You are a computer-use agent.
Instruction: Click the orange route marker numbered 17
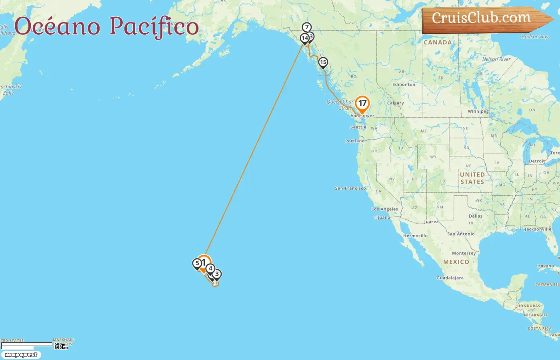(362, 104)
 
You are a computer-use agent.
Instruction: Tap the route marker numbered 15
(323, 62)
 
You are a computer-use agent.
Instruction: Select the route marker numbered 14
(305, 38)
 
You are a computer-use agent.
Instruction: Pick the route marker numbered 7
(307, 28)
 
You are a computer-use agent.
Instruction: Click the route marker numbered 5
(197, 264)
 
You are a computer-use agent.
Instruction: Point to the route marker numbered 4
(210, 269)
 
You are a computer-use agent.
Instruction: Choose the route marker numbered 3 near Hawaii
(217, 274)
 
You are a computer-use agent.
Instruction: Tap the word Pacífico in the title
(154, 26)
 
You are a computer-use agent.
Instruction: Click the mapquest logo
(21, 355)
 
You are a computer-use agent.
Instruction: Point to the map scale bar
(27, 345)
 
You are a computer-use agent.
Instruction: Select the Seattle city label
(358, 127)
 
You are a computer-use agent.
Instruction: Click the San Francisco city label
(350, 188)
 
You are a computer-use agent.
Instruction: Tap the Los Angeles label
(384, 209)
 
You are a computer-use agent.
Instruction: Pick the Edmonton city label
(404, 85)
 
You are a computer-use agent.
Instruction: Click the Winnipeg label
(478, 112)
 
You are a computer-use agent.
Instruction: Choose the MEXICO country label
(456, 262)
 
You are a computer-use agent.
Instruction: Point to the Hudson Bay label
(535, 37)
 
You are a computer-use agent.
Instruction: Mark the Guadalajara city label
(450, 278)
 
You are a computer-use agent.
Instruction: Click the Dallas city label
(476, 216)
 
